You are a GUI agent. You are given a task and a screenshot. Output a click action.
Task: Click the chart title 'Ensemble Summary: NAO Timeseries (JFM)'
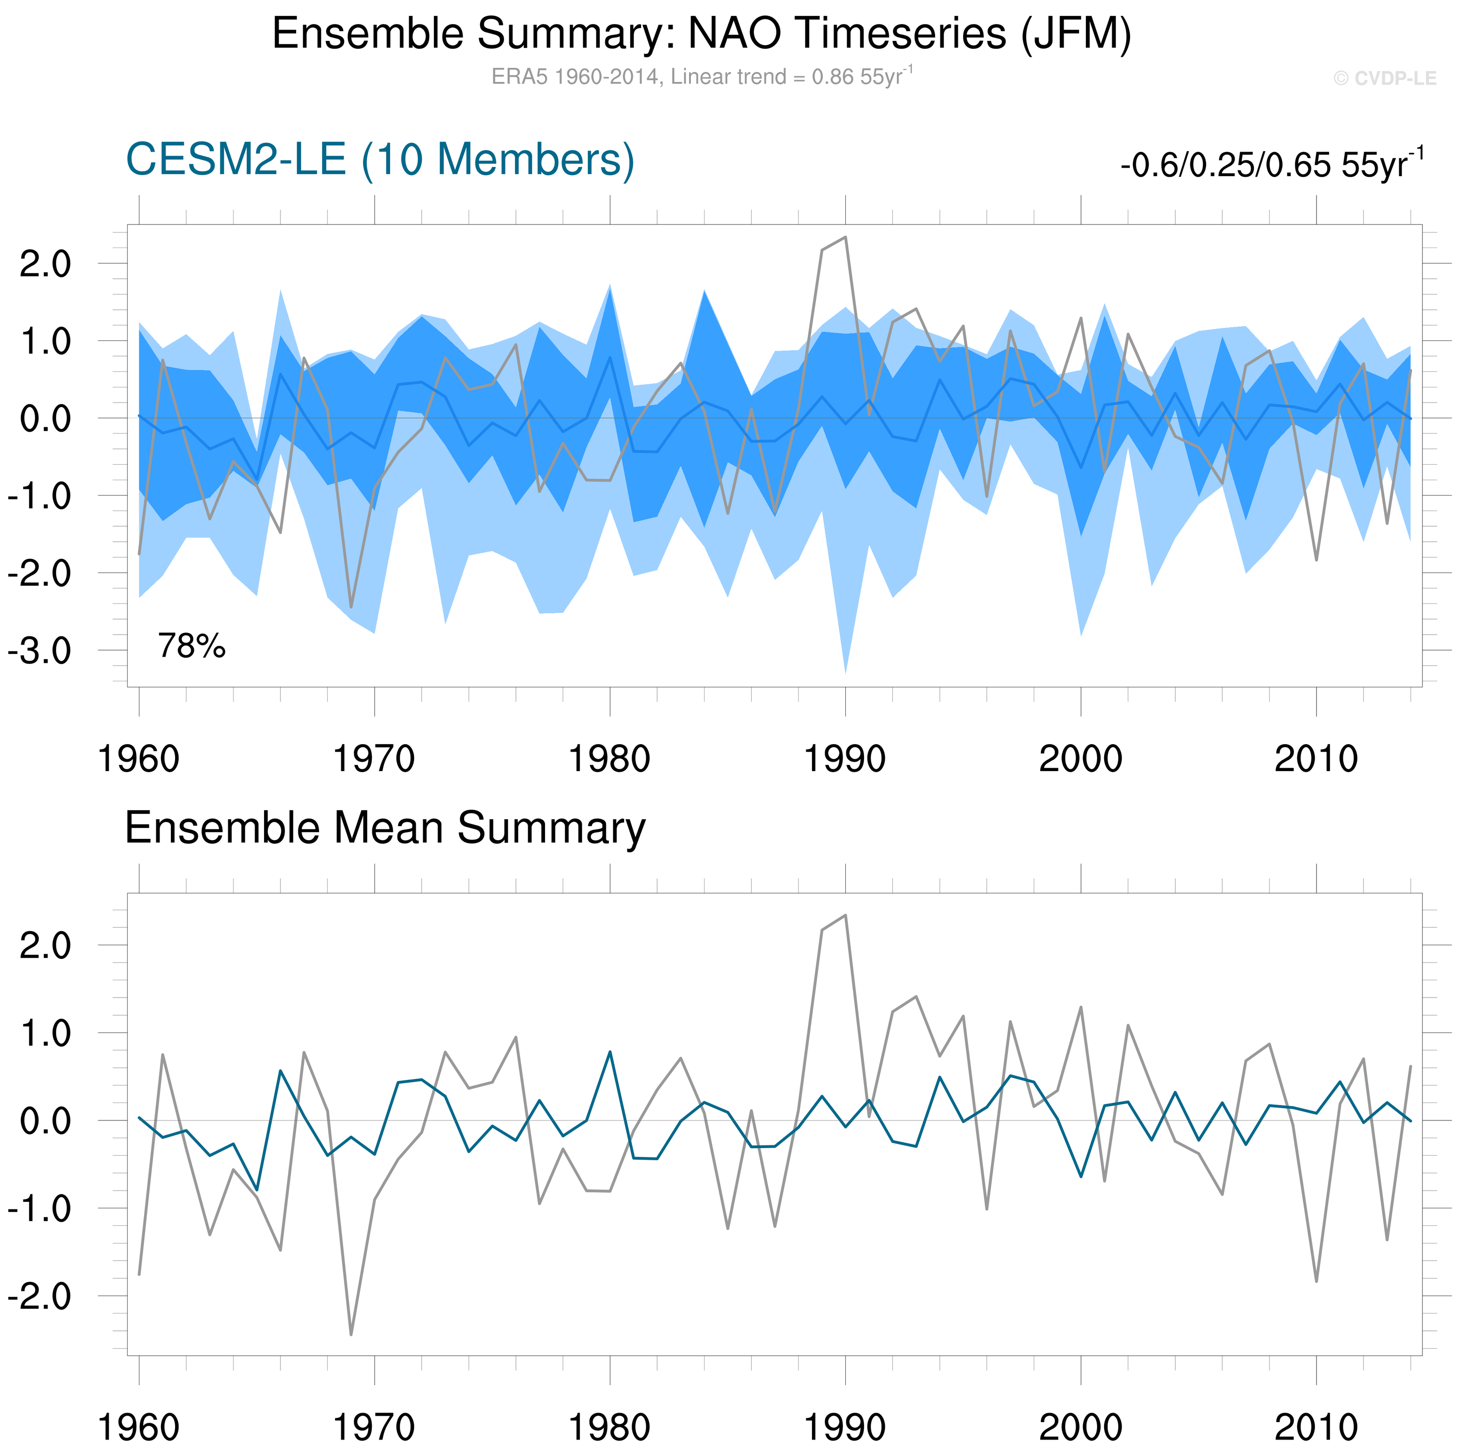(701, 34)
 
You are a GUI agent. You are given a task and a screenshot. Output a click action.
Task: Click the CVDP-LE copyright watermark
(1384, 79)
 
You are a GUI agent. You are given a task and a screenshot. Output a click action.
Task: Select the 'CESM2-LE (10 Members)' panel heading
(379, 160)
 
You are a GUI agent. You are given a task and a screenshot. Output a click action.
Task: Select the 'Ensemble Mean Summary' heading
(385, 828)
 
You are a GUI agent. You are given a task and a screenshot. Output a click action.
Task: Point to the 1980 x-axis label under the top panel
(609, 759)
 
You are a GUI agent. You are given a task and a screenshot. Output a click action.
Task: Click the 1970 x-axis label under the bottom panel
(374, 1427)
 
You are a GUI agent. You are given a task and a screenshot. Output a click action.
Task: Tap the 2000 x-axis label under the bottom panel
(1081, 1427)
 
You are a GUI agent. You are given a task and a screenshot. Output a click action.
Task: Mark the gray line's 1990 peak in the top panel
(845, 237)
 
